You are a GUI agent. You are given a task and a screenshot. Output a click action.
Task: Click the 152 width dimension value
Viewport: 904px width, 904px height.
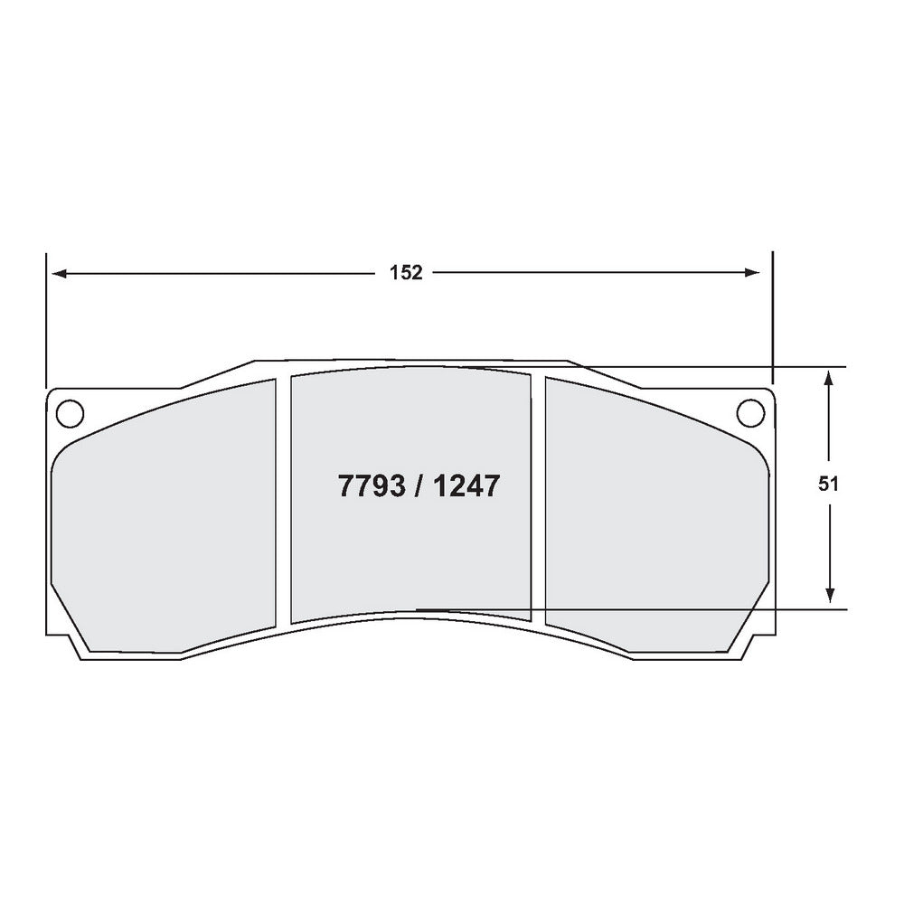(x=406, y=273)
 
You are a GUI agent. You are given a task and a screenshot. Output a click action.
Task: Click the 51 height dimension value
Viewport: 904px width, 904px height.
(x=829, y=484)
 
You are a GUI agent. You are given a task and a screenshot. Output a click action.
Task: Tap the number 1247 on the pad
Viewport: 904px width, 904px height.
(x=465, y=487)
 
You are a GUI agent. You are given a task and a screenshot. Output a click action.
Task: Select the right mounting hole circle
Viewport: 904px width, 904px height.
(x=750, y=411)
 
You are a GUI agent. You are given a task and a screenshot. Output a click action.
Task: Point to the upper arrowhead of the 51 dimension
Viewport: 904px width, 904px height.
(x=829, y=376)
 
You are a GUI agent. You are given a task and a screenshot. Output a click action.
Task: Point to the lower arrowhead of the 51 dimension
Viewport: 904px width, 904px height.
(x=829, y=597)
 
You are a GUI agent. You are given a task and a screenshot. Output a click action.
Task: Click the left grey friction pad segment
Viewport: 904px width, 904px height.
(x=163, y=524)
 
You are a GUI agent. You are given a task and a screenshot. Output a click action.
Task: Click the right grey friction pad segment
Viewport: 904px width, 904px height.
(x=651, y=524)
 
